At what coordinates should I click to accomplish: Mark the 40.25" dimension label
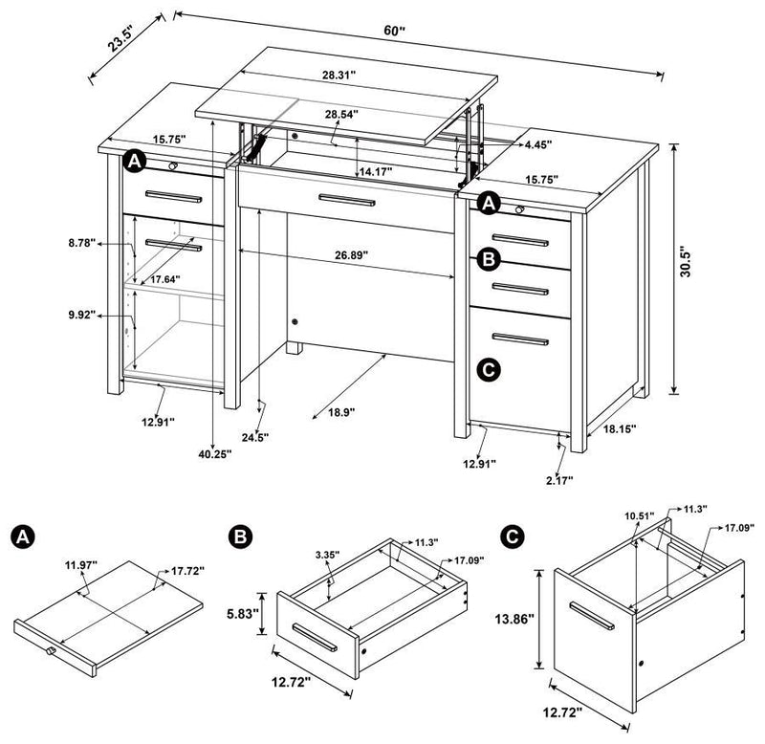pos(211,455)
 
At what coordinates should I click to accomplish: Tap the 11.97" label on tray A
pos(84,564)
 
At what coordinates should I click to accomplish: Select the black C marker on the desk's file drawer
pos(488,369)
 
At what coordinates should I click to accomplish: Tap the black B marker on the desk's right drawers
pos(488,258)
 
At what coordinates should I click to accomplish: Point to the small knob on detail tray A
pos(52,652)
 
